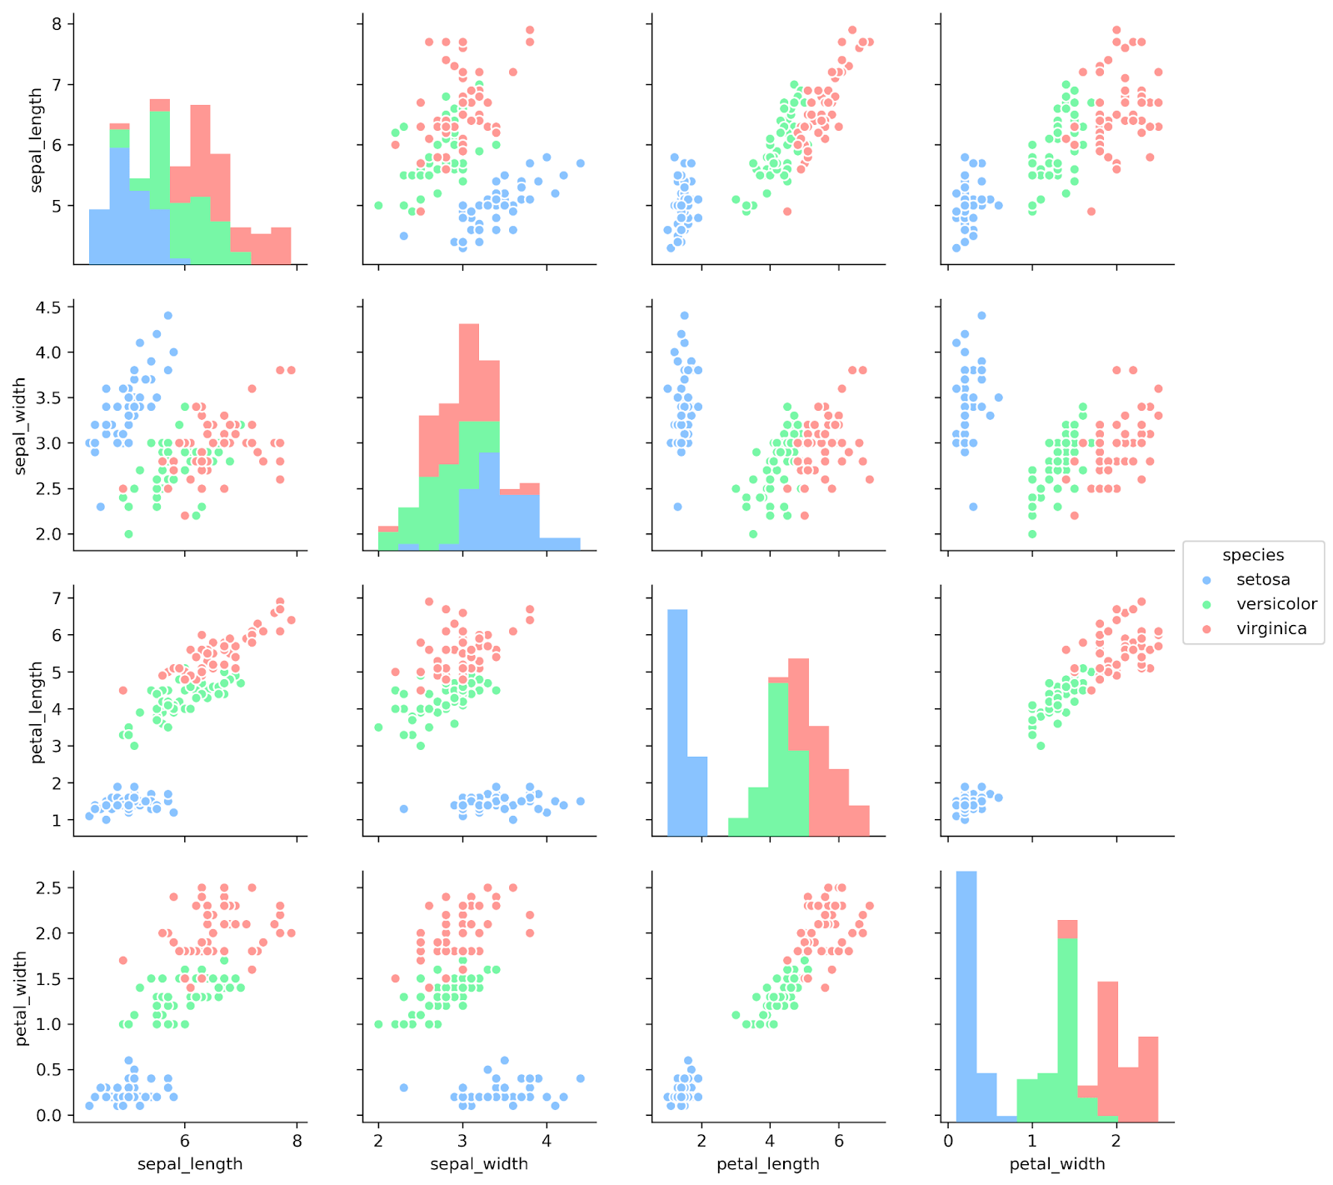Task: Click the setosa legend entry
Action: [1262, 579]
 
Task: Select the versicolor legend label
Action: [1276, 604]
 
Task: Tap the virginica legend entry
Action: [1271, 629]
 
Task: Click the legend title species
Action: [1253, 555]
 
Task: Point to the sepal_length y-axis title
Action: [37, 140]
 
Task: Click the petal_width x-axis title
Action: [1056, 1164]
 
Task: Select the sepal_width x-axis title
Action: [478, 1164]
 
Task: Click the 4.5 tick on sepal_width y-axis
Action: [49, 307]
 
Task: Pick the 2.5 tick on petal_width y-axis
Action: [49, 887]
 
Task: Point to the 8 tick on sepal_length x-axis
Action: [297, 1141]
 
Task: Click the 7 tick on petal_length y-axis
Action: [56, 597]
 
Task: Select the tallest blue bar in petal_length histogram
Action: [677, 722]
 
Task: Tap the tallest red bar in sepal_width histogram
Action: [469, 372]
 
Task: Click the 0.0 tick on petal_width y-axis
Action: [49, 1115]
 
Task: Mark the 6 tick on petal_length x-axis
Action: [838, 1141]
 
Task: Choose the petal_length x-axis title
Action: [767, 1164]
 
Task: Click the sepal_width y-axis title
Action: [21, 426]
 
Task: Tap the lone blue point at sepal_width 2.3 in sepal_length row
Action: [403, 236]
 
